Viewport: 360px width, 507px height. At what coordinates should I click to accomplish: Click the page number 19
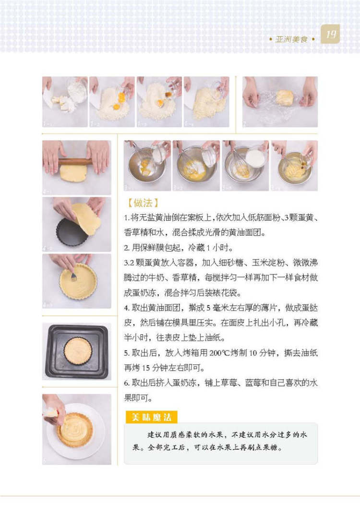pyautogui.click(x=331, y=34)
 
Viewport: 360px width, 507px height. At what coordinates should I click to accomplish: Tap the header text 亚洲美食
pyautogui.click(x=291, y=39)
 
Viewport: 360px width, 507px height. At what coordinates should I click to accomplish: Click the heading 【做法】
pyautogui.click(x=142, y=203)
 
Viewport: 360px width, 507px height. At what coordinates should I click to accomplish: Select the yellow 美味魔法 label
pyautogui.click(x=151, y=417)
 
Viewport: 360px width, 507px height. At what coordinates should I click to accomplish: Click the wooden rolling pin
pyautogui.click(x=76, y=161)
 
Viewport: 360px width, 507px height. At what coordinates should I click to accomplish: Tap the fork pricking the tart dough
pyautogui.click(x=74, y=276)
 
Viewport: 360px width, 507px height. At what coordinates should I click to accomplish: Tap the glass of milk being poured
pyautogui.click(x=256, y=157)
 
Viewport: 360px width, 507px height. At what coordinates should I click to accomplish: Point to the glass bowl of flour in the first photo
pyautogui.click(x=77, y=89)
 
